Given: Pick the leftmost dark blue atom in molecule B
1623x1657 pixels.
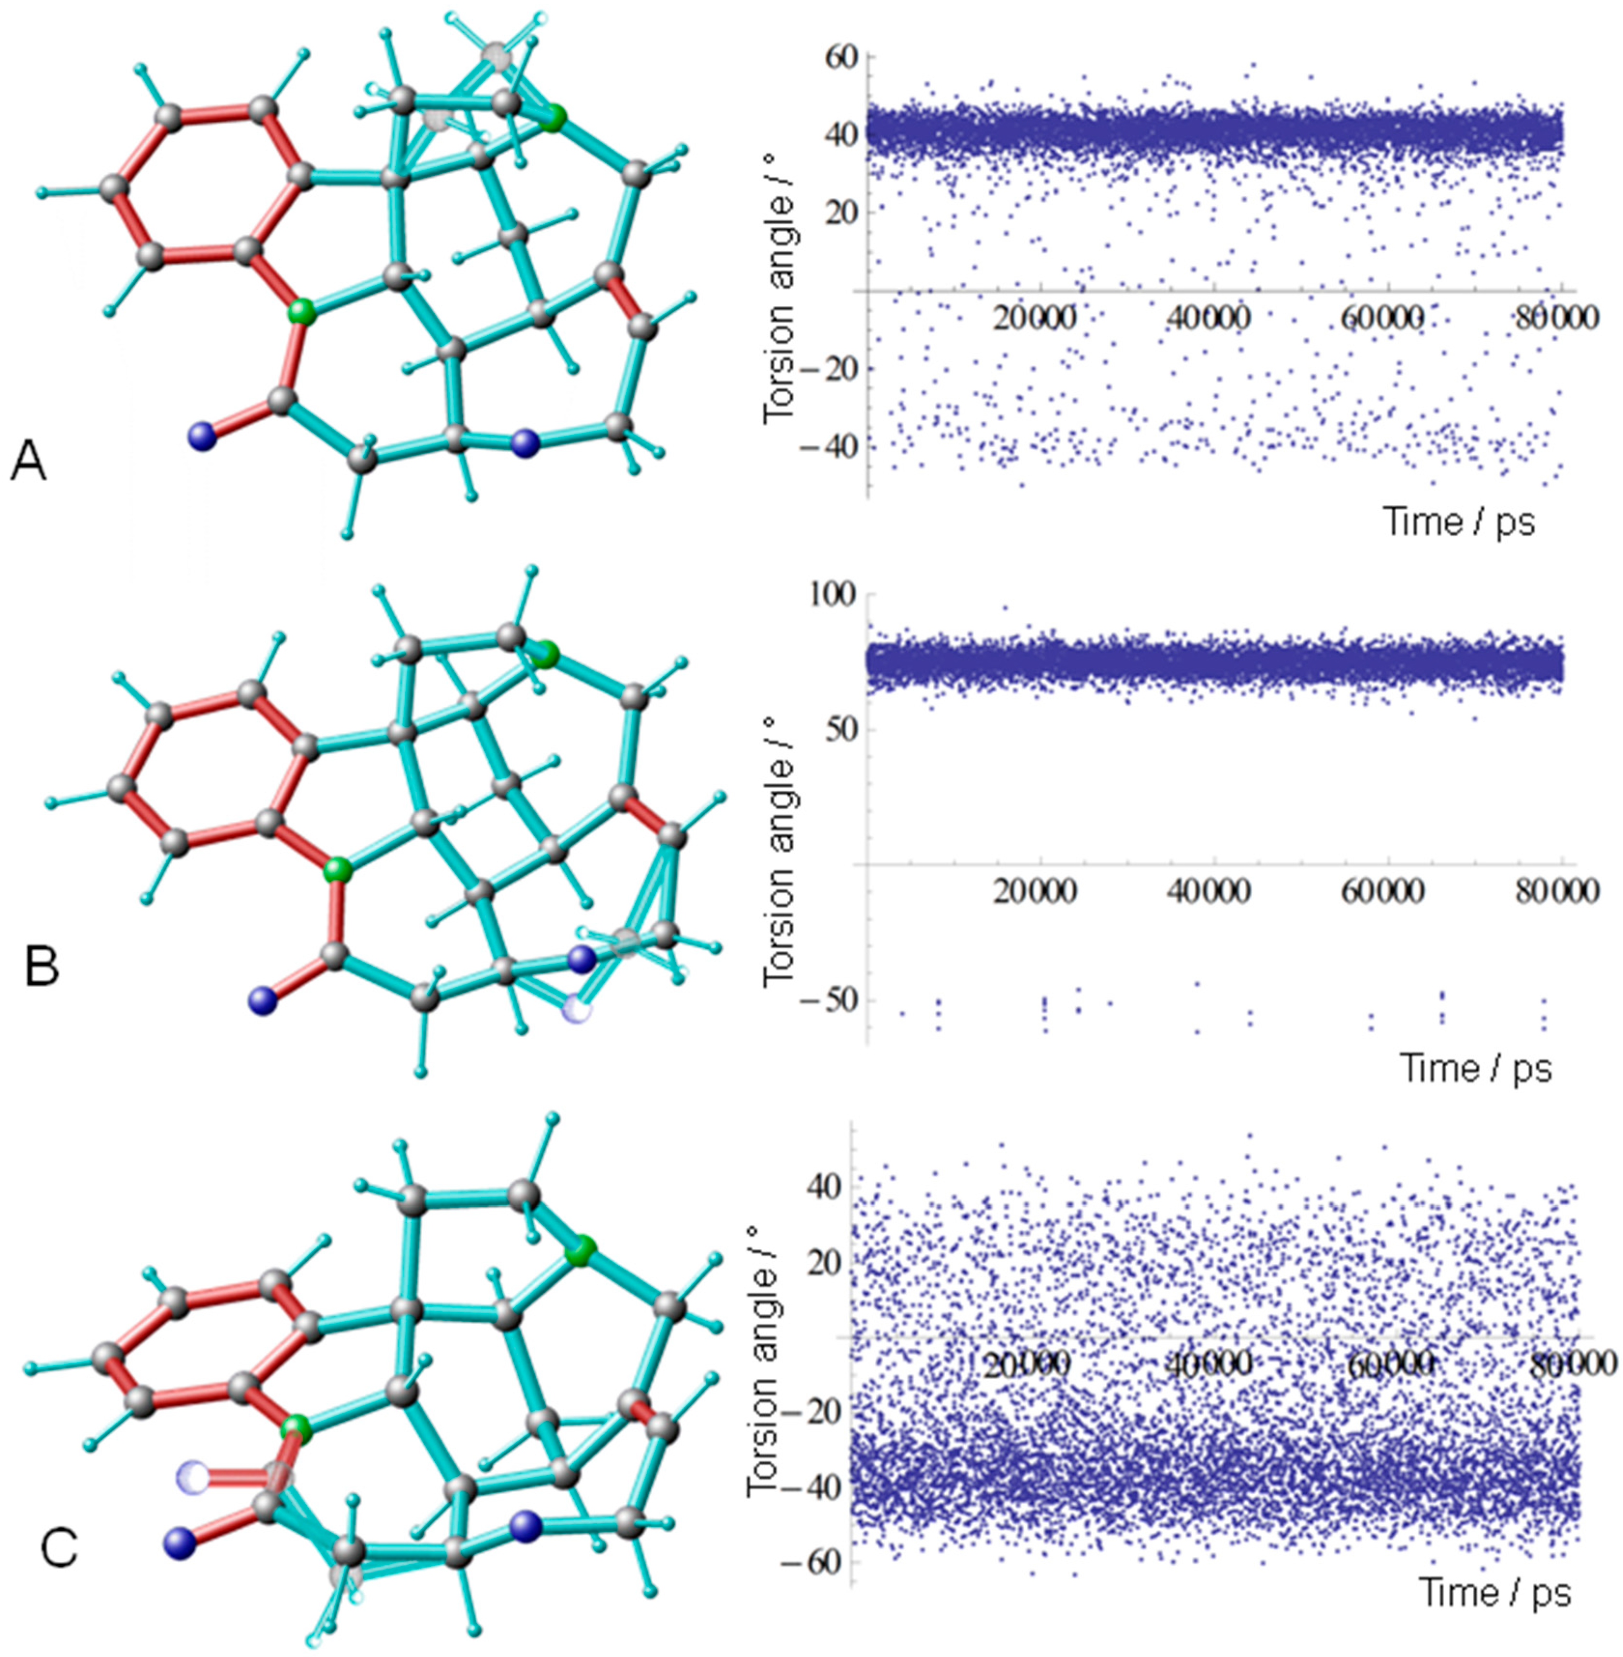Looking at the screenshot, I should [x=263, y=1000].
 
